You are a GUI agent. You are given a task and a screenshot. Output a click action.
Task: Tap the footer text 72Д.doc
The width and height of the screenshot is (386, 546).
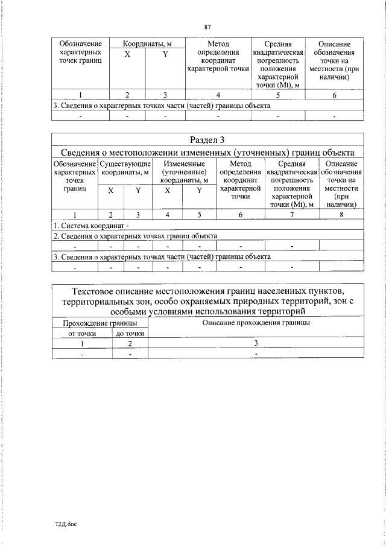pyautogui.click(x=66, y=524)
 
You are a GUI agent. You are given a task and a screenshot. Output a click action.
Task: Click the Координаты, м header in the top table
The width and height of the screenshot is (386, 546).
pyautogui.click(x=147, y=44)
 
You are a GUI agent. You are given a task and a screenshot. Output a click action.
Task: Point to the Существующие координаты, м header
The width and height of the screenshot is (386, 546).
pyautogui.click(x=125, y=168)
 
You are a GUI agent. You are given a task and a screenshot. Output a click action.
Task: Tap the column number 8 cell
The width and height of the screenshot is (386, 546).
pyautogui.click(x=341, y=214)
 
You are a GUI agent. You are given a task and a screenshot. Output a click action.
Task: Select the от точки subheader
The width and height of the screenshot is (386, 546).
pyautogui.click(x=82, y=333)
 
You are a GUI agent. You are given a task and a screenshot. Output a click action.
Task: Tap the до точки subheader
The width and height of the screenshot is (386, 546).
pyautogui.click(x=130, y=333)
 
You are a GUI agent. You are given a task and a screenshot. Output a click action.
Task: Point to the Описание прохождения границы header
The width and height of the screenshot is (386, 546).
pyautogui.click(x=256, y=323)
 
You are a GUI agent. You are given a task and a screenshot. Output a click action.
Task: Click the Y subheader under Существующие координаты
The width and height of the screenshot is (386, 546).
pyautogui.click(x=138, y=191)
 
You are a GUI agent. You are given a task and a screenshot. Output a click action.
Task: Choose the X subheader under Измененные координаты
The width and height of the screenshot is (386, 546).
pyautogui.click(x=168, y=191)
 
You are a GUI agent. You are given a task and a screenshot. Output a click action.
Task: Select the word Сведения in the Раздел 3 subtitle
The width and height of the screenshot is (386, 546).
pyautogui.click(x=81, y=151)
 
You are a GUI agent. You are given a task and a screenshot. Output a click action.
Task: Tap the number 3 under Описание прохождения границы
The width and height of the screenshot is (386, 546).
pyautogui.click(x=256, y=343)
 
